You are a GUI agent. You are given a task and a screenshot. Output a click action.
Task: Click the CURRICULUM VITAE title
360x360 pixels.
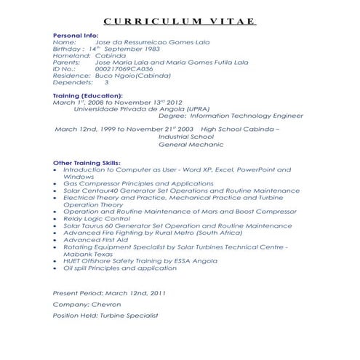click(179, 20)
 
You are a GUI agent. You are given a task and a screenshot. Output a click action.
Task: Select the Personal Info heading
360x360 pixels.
click(76, 36)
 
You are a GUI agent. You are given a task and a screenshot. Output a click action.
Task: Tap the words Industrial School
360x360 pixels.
click(186, 136)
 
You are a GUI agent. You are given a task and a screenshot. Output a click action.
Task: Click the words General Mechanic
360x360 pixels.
click(189, 144)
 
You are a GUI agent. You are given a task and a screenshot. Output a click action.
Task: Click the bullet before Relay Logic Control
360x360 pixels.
click(57, 218)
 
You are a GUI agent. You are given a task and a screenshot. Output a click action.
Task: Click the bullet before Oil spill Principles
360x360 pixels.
click(57, 268)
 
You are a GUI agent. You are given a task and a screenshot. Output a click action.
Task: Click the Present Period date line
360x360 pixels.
click(109, 292)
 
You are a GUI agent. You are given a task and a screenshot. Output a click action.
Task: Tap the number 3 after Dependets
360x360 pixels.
click(107, 82)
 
